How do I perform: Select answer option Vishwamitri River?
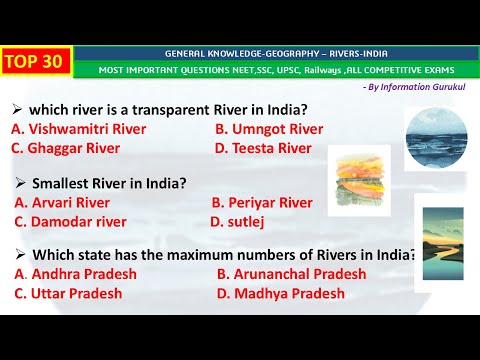tap(78, 129)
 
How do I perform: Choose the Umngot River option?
tap(269, 129)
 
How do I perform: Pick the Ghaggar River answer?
tap(65, 148)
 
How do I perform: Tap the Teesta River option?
tap(263, 148)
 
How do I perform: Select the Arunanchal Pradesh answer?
tap(291, 274)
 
